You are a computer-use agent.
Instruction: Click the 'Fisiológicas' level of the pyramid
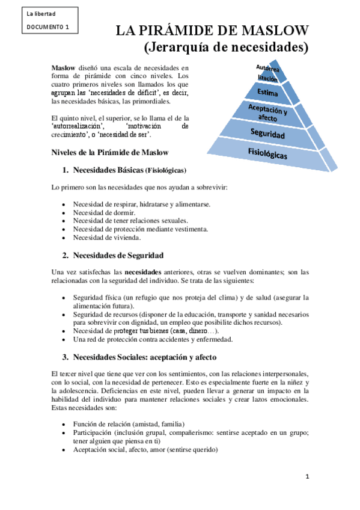276,153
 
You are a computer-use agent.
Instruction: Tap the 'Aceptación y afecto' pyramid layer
267,112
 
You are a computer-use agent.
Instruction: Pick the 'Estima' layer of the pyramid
267,92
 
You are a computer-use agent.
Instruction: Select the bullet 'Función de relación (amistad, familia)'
129,424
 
